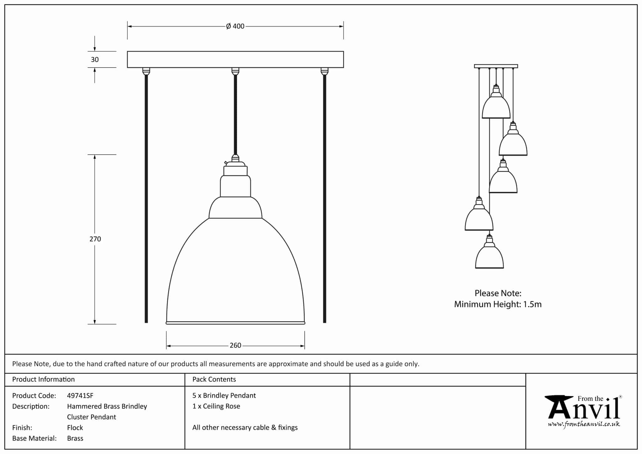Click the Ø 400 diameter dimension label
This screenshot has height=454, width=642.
(235, 26)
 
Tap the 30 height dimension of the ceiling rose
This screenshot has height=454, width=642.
(95, 60)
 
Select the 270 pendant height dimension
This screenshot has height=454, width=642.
(95, 239)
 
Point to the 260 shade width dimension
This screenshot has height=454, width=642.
(235, 346)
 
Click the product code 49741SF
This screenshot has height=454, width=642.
(80, 396)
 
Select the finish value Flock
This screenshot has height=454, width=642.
(75, 428)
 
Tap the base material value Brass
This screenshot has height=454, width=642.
(75, 438)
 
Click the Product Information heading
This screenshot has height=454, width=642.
(43, 379)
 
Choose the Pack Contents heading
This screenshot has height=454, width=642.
(214, 379)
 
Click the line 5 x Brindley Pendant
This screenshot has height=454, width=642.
(224, 396)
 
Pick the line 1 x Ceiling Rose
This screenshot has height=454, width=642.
(216, 406)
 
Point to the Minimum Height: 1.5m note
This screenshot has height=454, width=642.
(498, 304)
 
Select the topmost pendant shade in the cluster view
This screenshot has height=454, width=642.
(496, 107)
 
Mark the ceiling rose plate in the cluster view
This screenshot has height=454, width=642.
(496, 66)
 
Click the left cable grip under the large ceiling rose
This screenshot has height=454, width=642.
(146, 71)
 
